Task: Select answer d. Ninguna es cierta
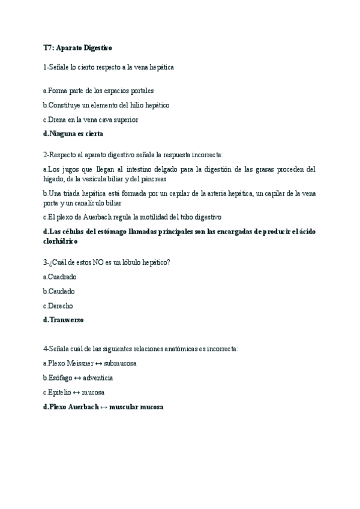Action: [x=73, y=134]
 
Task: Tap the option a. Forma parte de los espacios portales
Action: [x=98, y=91]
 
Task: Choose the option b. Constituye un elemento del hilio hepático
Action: [x=106, y=105]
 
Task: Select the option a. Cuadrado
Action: [x=60, y=277]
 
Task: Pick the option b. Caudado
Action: [x=59, y=291]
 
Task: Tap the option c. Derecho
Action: [x=58, y=306]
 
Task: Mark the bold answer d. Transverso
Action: [x=64, y=320]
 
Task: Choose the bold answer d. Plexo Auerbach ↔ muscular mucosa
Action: [x=103, y=406]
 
